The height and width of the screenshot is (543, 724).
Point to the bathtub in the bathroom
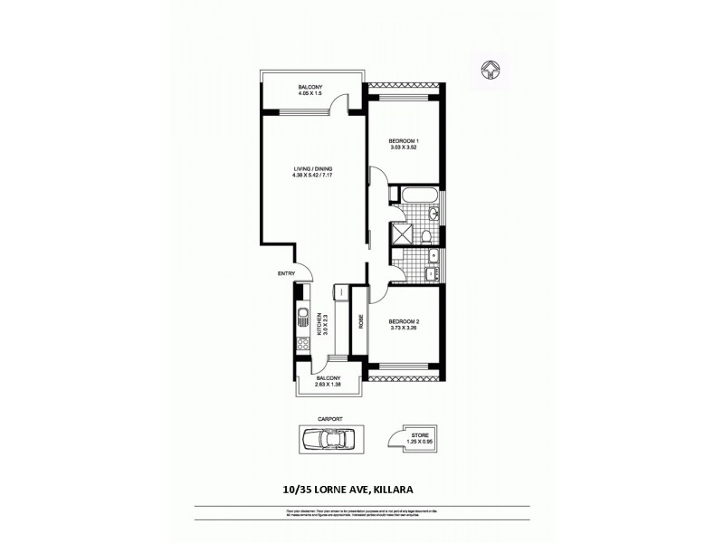pyautogui.click(x=417, y=195)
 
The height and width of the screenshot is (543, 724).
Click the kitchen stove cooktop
pyautogui.click(x=302, y=345)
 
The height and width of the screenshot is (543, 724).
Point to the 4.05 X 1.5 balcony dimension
pyautogui.click(x=310, y=93)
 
